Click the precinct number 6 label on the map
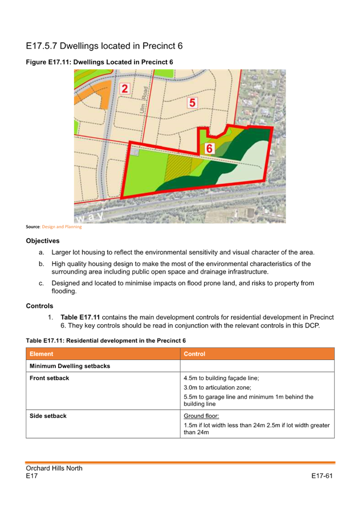pyautogui.click(x=209, y=148)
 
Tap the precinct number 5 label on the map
pyautogui.click(x=192, y=102)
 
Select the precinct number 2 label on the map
pyautogui.click(x=125, y=89)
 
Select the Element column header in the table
pyautogui.click(x=42, y=354)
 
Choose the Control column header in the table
pyautogui.click(x=194, y=354)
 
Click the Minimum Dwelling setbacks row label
pyautogui.click(x=70, y=366)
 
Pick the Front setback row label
pyautogui.click(x=49, y=378)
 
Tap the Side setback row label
pyautogui.click(x=48, y=416)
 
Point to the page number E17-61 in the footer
pyautogui.click(x=322, y=476)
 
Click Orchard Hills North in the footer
pyautogui.click(x=54, y=468)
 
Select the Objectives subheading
pyautogui.click(x=42, y=241)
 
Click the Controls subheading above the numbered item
pyautogui.click(x=40, y=306)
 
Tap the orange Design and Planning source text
pyautogui.click(x=61, y=227)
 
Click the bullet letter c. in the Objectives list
pyautogui.click(x=41, y=283)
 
